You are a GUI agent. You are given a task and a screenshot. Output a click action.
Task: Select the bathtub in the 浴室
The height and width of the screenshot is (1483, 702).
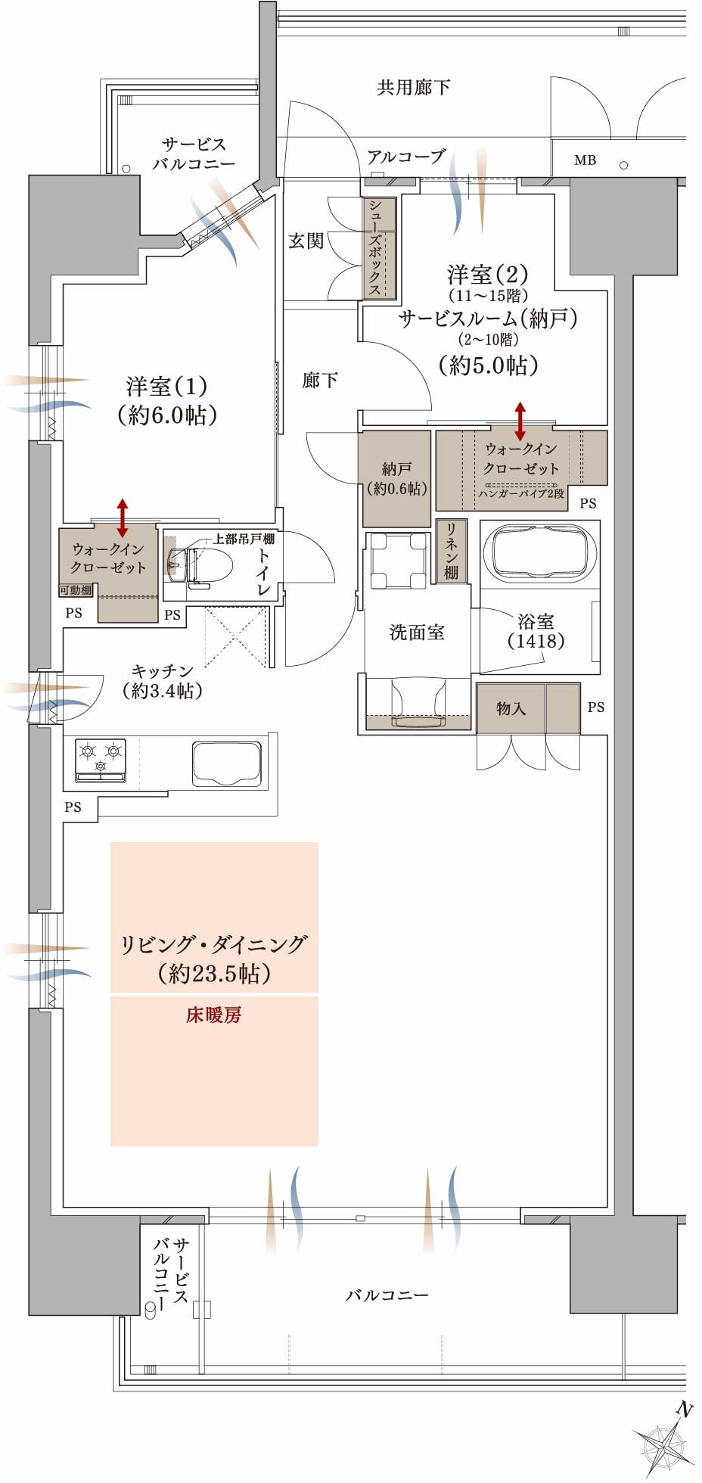tap(539, 552)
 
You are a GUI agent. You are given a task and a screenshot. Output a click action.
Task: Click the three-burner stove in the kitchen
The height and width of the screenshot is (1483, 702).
tap(101, 760)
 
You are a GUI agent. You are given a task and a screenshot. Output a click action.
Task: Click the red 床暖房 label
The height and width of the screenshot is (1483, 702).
tap(214, 1015)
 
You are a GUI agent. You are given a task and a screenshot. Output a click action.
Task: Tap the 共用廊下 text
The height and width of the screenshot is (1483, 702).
tap(414, 88)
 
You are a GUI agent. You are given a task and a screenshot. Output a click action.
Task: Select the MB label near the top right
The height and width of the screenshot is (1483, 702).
tap(585, 160)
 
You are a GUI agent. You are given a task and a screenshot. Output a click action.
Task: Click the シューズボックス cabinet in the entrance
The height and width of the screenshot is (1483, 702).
tap(376, 247)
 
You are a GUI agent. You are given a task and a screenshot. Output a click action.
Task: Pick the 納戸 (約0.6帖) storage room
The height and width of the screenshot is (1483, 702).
tap(396, 479)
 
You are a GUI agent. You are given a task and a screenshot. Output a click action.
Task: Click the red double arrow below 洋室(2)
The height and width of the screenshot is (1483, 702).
tap(520, 421)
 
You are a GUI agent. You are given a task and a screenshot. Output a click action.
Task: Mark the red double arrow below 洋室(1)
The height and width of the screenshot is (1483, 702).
tap(123, 518)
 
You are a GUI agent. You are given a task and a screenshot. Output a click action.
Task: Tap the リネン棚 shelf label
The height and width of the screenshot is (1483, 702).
tap(451, 551)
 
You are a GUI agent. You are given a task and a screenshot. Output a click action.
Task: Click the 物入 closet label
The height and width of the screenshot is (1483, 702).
tap(511, 708)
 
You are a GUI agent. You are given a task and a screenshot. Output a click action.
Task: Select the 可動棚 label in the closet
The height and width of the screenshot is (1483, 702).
tap(76, 590)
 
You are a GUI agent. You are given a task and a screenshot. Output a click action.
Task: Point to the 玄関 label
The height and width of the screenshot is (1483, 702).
tap(306, 241)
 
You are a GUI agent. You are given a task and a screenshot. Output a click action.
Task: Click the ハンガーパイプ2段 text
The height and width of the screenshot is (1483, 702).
tap(521, 493)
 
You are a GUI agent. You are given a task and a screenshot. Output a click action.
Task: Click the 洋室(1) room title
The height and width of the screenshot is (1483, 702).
tap(166, 387)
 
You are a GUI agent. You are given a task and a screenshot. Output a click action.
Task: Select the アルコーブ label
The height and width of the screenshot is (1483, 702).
tap(405, 157)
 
